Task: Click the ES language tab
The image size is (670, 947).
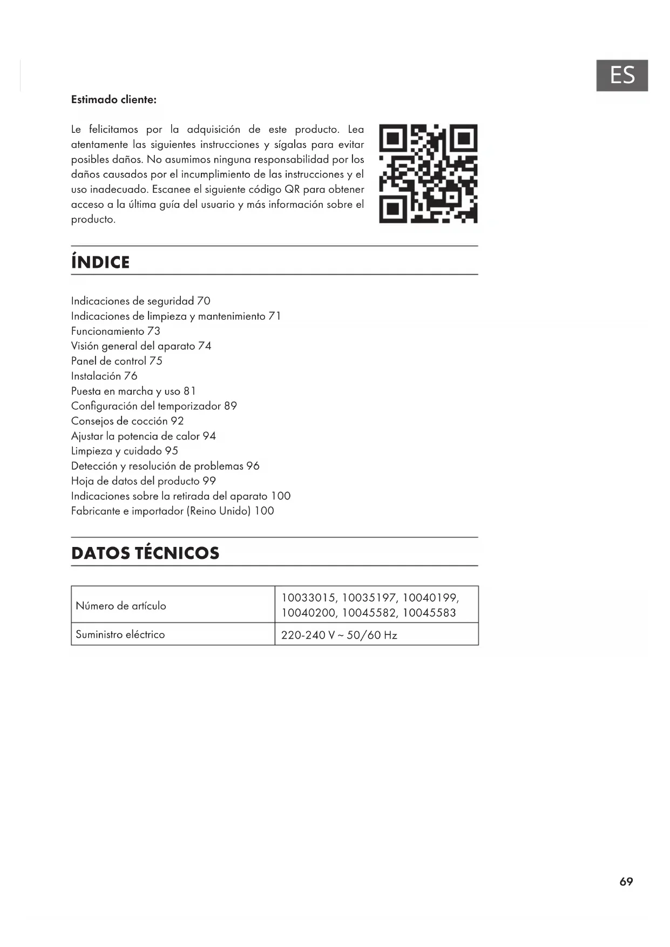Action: [x=621, y=76]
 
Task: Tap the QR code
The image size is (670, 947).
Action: [x=428, y=173]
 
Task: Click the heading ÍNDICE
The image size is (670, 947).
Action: [x=100, y=262]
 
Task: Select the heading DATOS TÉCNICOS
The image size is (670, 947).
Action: [x=145, y=553]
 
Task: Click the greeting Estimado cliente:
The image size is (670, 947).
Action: [x=114, y=100]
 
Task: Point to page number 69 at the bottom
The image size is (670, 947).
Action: [x=626, y=882]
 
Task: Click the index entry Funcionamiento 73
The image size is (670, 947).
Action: [x=116, y=331]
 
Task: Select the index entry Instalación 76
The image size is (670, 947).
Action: [x=104, y=376]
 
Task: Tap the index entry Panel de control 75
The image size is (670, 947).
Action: [x=117, y=361]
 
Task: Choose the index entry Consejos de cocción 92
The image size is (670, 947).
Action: [x=127, y=421]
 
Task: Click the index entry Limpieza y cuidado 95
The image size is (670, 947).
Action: [x=125, y=451]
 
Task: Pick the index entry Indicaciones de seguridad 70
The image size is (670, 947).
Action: [x=141, y=301]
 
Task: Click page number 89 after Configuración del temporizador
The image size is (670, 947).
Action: [x=231, y=406]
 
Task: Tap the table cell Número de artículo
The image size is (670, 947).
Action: [x=121, y=606]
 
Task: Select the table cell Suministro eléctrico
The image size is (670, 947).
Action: [x=120, y=634]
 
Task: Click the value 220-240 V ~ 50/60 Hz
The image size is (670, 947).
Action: [x=339, y=635]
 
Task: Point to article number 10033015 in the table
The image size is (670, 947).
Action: [x=308, y=598]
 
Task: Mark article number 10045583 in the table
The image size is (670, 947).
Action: [x=429, y=613]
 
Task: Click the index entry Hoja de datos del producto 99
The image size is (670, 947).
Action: [x=144, y=481]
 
